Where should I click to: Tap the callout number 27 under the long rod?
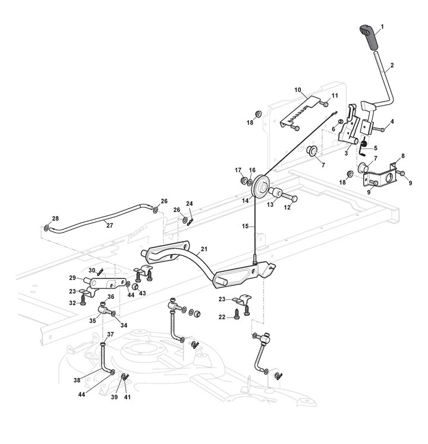tap(109, 225)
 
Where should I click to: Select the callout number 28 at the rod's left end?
tap(47, 218)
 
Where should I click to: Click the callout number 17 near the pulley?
tap(238, 170)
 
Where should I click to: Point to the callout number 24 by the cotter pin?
tap(190, 204)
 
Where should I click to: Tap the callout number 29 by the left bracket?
tap(73, 278)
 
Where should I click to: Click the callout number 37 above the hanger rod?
tap(111, 335)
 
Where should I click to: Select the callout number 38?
tap(93, 380)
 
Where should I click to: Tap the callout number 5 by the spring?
tap(374, 148)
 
